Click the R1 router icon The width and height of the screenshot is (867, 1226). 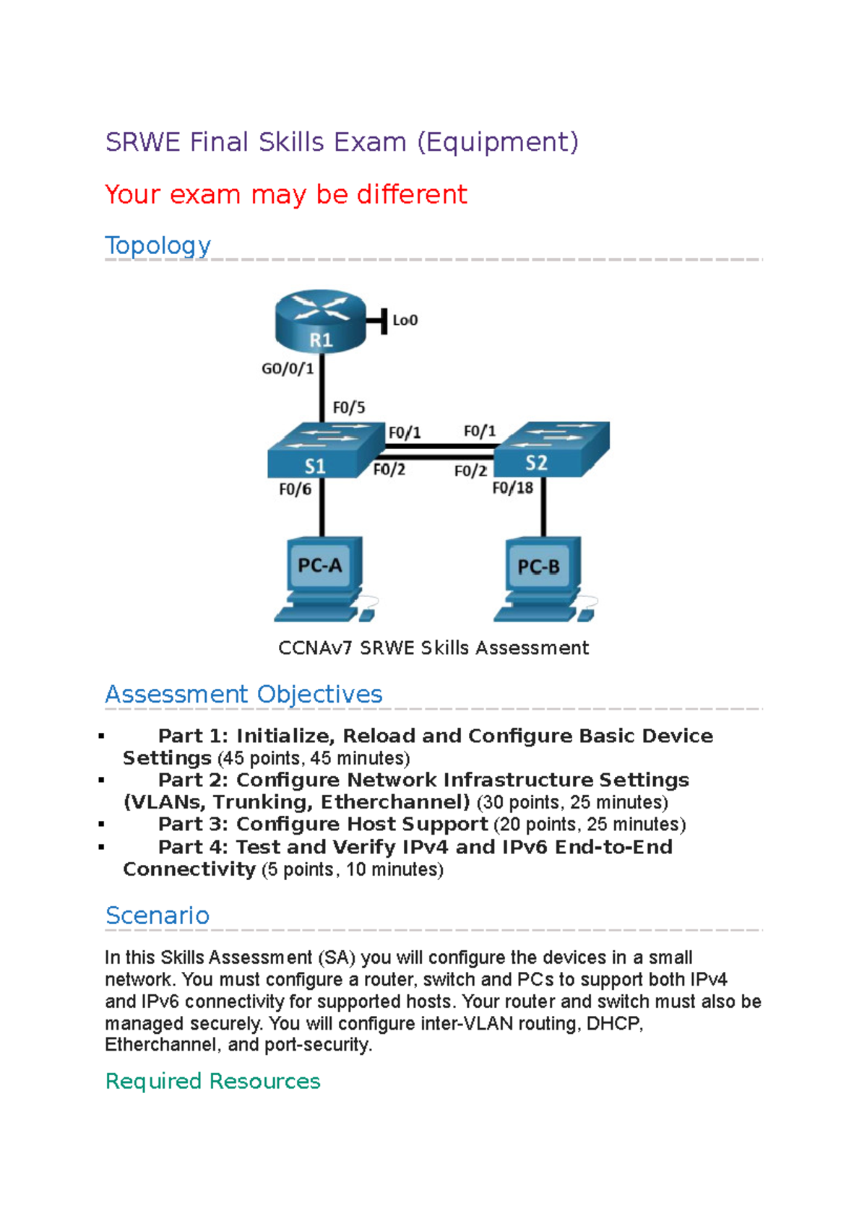(x=321, y=322)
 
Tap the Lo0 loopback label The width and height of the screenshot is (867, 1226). (x=405, y=320)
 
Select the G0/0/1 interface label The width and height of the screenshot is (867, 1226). (x=288, y=369)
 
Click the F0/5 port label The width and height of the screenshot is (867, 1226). (x=348, y=408)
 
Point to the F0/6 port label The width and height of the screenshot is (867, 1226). (x=295, y=490)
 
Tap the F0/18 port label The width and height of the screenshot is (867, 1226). (x=512, y=488)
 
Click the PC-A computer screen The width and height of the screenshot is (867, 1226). (x=320, y=565)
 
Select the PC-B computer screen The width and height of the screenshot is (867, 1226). (x=539, y=567)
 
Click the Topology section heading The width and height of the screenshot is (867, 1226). (x=158, y=245)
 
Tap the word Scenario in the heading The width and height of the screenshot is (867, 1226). (x=158, y=916)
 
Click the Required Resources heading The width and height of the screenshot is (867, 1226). (x=212, y=1081)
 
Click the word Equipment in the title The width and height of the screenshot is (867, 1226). (x=498, y=142)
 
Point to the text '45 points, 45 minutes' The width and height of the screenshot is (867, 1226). (x=313, y=758)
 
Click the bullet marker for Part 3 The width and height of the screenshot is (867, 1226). (x=101, y=825)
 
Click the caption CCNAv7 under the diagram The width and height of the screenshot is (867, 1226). (x=315, y=648)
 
